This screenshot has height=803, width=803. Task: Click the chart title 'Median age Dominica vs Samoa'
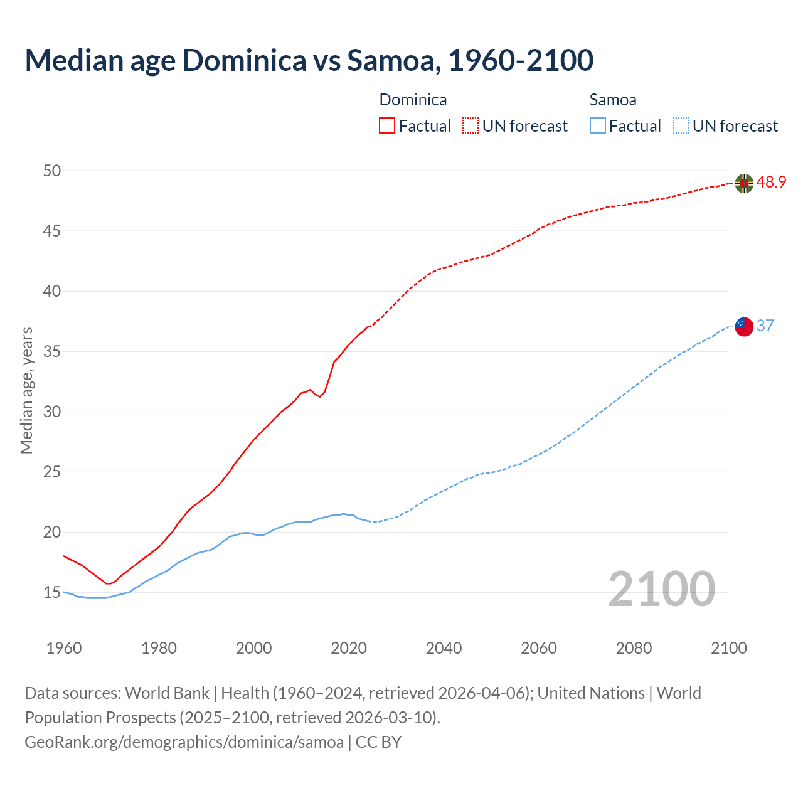click(x=309, y=60)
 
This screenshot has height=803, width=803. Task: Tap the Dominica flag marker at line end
click(x=744, y=183)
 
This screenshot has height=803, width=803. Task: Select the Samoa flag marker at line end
click(x=744, y=326)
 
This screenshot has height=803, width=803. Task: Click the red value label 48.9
click(x=771, y=183)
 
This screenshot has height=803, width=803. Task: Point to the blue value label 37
click(x=765, y=326)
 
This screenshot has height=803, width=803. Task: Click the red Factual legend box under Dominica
click(x=387, y=126)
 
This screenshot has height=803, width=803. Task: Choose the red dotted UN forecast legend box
click(x=471, y=126)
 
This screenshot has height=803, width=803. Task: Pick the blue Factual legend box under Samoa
click(x=598, y=126)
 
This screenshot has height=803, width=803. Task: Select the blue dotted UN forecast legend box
click(x=681, y=126)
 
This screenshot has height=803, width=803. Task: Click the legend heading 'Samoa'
click(x=613, y=100)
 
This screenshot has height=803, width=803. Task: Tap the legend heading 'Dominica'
click(x=413, y=100)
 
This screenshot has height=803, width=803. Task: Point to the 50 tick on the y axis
click(x=53, y=171)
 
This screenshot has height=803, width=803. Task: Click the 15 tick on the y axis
click(x=53, y=592)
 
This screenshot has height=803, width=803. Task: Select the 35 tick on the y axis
click(x=53, y=351)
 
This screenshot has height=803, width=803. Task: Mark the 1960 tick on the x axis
click(x=64, y=648)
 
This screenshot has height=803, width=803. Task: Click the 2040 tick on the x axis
click(x=444, y=648)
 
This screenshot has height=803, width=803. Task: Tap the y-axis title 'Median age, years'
click(x=26, y=390)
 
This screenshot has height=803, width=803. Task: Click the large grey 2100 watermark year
click(x=661, y=588)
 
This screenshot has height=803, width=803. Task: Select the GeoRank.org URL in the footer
click(x=184, y=742)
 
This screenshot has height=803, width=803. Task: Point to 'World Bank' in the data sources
click(x=167, y=693)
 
